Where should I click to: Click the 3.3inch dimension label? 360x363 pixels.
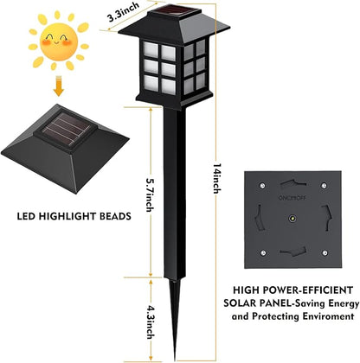tap(123, 12)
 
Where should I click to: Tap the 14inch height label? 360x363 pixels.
tap(217, 179)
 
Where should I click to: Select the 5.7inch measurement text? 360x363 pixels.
tap(150, 195)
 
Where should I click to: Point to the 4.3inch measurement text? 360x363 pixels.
tap(150, 322)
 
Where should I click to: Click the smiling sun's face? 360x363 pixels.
tap(59, 41)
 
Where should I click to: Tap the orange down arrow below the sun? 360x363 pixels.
tap(59, 86)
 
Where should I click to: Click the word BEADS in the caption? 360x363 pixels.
tap(115, 216)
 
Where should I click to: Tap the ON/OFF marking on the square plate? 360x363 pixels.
tap(292, 198)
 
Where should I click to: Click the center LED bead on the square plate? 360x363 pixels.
tap(292, 218)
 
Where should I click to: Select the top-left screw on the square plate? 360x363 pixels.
tap(262, 185)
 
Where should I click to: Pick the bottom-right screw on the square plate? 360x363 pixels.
tap(325, 253)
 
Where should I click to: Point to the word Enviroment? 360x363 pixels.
tap(328, 316)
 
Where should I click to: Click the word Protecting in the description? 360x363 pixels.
tap(276, 317)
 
